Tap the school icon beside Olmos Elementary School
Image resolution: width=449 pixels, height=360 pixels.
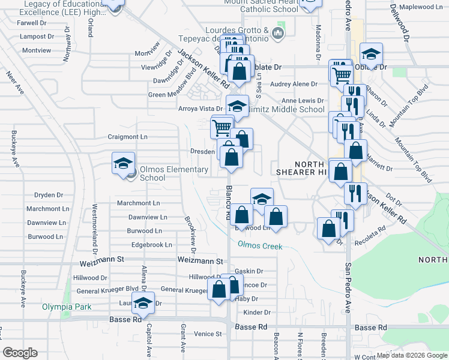122,163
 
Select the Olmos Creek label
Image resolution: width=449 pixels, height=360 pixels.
259,245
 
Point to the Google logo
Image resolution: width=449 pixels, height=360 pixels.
20,353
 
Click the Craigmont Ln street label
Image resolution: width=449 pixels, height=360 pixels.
127,137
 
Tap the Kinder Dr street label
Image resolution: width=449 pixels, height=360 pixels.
258,313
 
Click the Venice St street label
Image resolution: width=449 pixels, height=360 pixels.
208,334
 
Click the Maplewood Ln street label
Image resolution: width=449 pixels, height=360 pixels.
420,7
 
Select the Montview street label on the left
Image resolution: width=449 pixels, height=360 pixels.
37,50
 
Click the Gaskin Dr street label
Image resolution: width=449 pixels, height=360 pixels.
249,271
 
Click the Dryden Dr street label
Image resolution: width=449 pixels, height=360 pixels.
49,195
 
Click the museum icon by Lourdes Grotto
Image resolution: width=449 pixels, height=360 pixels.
277,32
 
